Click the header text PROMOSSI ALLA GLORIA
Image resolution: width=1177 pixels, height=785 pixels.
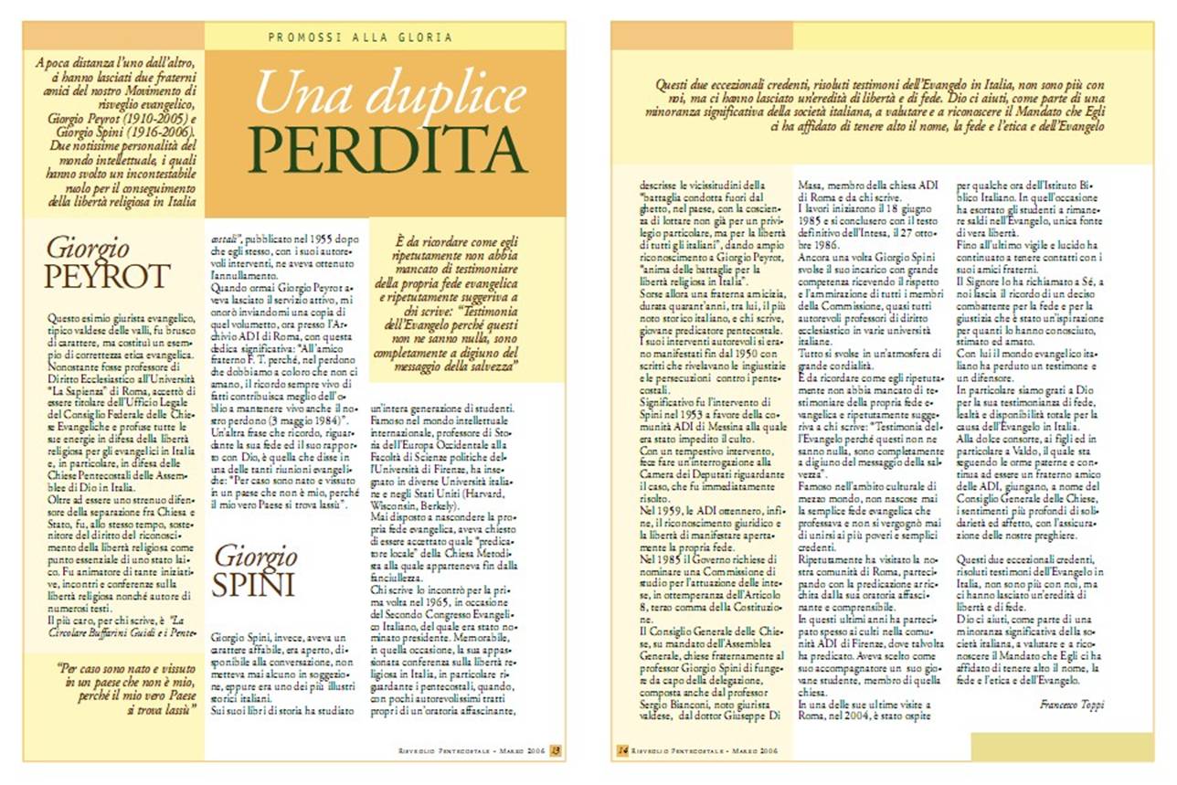click(360, 37)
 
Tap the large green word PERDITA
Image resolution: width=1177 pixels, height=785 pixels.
click(387, 148)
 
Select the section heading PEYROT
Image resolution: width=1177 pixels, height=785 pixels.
click(108, 276)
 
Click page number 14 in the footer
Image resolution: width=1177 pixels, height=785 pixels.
click(622, 751)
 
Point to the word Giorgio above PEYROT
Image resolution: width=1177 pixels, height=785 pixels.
click(88, 247)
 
